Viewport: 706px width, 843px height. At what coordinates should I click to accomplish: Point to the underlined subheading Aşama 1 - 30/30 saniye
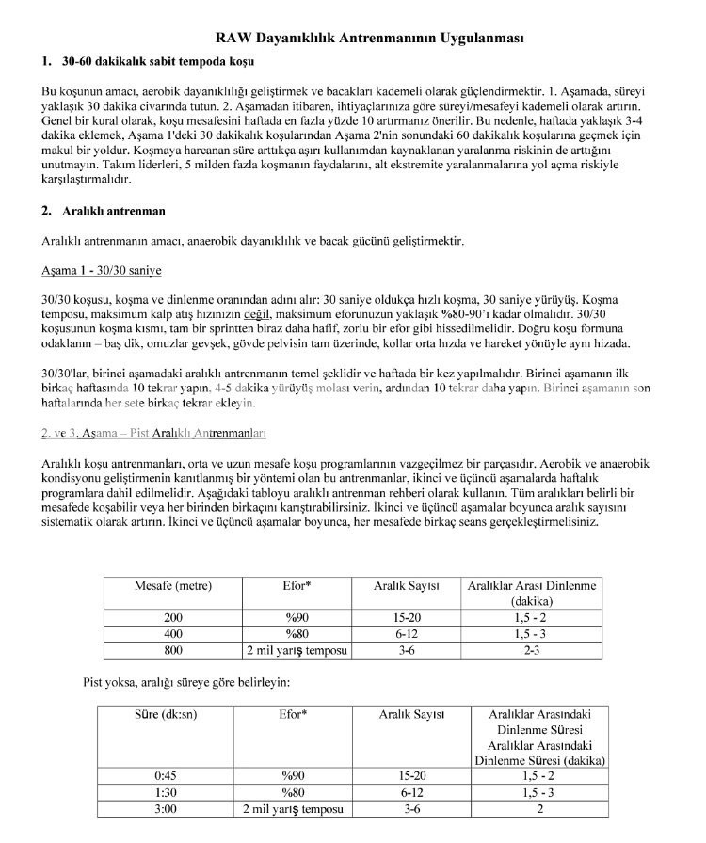pos(101,270)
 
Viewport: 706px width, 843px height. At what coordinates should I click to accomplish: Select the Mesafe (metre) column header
pos(173,585)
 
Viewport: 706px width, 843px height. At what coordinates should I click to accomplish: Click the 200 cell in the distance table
pos(173,618)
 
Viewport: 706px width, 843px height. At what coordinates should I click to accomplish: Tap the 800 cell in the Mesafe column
pos(173,650)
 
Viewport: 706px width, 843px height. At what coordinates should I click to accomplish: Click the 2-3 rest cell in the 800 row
pos(532,650)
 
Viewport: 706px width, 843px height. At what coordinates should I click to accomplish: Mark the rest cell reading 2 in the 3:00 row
pos(539,808)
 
